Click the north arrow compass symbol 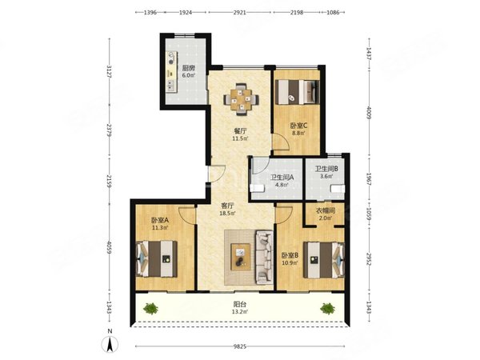click(110, 343)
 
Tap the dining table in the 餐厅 click(241, 99)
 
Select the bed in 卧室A click(157, 259)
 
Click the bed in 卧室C click(298, 92)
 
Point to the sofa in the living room click(264, 258)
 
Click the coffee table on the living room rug click(240, 257)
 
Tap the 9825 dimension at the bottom click(240, 346)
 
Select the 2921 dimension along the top click(240, 13)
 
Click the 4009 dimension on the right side click(369, 114)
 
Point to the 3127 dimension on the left click(110, 71)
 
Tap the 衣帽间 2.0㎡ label click(326, 214)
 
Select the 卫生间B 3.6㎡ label click(326, 172)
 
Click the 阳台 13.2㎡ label click(240, 308)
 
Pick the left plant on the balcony click(150, 308)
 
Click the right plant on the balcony click(327, 308)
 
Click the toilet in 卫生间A click(257, 188)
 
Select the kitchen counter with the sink click(171, 72)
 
